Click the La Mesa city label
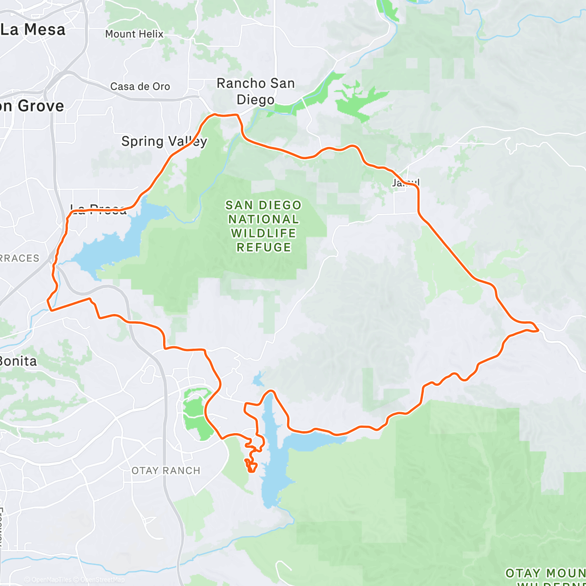coord(33,30)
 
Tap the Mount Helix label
coord(134,34)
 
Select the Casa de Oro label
coord(140,86)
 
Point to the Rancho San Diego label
coord(255,91)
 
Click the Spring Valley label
coord(164,142)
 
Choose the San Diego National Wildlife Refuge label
coord(264,226)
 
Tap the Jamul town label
coord(405,183)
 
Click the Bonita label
coord(18,361)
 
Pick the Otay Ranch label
coord(166,471)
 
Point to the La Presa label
coord(98,210)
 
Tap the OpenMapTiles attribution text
coord(47,580)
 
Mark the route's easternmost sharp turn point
coord(538,331)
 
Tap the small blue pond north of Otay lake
coord(258,379)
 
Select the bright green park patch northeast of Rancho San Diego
coord(359,100)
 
